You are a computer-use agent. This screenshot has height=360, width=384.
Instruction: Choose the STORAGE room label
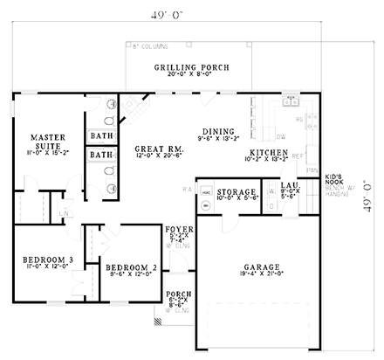[237, 191]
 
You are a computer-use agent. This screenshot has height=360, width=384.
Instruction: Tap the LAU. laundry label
[289, 186]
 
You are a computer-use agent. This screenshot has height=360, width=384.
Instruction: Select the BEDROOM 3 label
[40, 260]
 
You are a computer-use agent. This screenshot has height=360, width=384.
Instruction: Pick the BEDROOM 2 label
[130, 267]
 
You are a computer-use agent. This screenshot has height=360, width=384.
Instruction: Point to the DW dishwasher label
[281, 136]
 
